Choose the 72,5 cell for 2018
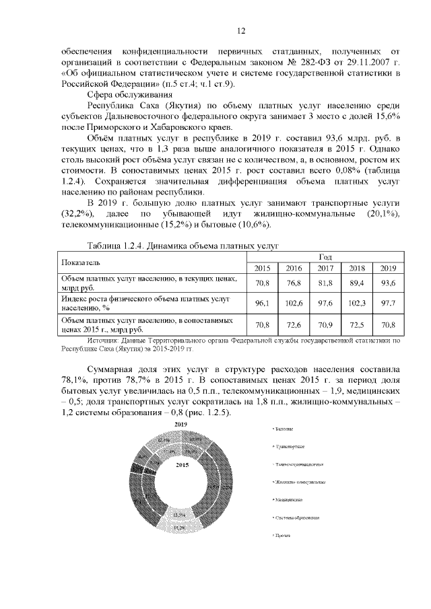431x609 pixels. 356,326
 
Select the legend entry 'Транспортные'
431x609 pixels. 291,446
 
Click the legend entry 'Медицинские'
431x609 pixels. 289,500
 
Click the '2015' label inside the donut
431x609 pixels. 180,465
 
